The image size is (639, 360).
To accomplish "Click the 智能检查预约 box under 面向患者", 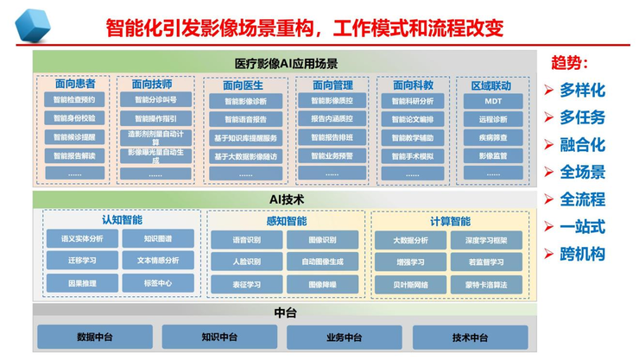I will click(74, 100).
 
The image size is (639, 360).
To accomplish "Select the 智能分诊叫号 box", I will click(155, 100).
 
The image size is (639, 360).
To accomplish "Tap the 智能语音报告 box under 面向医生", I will click(245, 119).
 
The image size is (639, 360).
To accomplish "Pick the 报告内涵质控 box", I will click(332, 119).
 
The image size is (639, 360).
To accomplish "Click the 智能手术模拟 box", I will click(413, 156).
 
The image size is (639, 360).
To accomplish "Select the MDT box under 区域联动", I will click(492, 100).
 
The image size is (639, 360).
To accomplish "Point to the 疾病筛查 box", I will click(492, 138).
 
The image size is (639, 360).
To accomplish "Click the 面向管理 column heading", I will click(332, 85).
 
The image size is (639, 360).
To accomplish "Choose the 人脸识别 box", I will click(246, 261).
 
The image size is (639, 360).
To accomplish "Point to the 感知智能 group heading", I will click(286, 221).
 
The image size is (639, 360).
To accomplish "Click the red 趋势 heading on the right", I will click(569, 64).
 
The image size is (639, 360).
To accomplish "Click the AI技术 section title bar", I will click(286, 199).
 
